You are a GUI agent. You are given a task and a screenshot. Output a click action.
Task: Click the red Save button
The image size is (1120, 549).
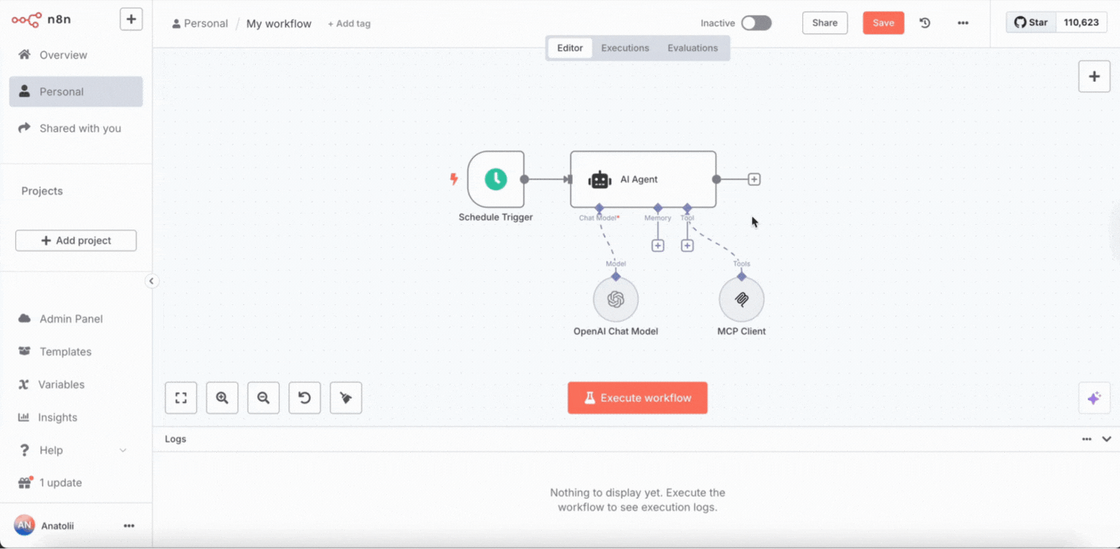click(x=883, y=23)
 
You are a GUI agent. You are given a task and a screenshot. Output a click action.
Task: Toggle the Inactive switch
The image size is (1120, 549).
click(x=756, y=23)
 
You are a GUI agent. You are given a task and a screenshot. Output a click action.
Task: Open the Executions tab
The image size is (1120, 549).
click(x=625, y=48)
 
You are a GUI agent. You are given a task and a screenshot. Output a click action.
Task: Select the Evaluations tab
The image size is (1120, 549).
click(x=693, y=48)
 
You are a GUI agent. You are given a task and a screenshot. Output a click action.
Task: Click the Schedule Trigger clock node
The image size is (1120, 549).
click(x=496, y=179)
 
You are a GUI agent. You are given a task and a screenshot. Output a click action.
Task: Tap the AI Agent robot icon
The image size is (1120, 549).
click(x=600, y=180)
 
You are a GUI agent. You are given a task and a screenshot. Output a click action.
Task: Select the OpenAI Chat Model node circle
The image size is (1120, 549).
click(x=616, y=300)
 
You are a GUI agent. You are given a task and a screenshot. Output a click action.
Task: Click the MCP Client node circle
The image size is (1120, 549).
click(x=741, y=300)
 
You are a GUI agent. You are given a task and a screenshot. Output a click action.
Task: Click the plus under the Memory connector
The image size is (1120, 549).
click(x=658, y=246)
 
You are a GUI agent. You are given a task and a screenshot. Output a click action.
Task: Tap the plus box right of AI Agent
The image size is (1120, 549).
click(x=754, y=179)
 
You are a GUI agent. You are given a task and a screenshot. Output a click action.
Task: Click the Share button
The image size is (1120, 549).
click(x=825, y=23)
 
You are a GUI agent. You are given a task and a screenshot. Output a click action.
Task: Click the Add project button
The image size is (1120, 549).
click(x=76, y=241)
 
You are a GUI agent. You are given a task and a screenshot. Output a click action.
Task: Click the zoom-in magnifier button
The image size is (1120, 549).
click(x=222, y=398)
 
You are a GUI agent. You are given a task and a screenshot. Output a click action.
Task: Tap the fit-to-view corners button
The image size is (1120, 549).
click(x=181, y=398)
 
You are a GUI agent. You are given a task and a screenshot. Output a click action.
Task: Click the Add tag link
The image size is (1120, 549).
click(x=349, y=24)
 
